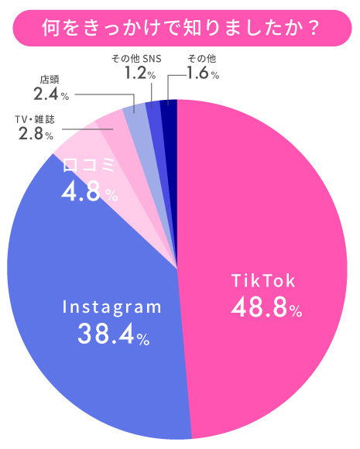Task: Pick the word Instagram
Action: click(x=112, y=307)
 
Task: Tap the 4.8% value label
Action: click(x=90, y=192)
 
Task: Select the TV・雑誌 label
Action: click(x=35, y=120)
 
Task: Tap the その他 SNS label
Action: click(x=135, y=59)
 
